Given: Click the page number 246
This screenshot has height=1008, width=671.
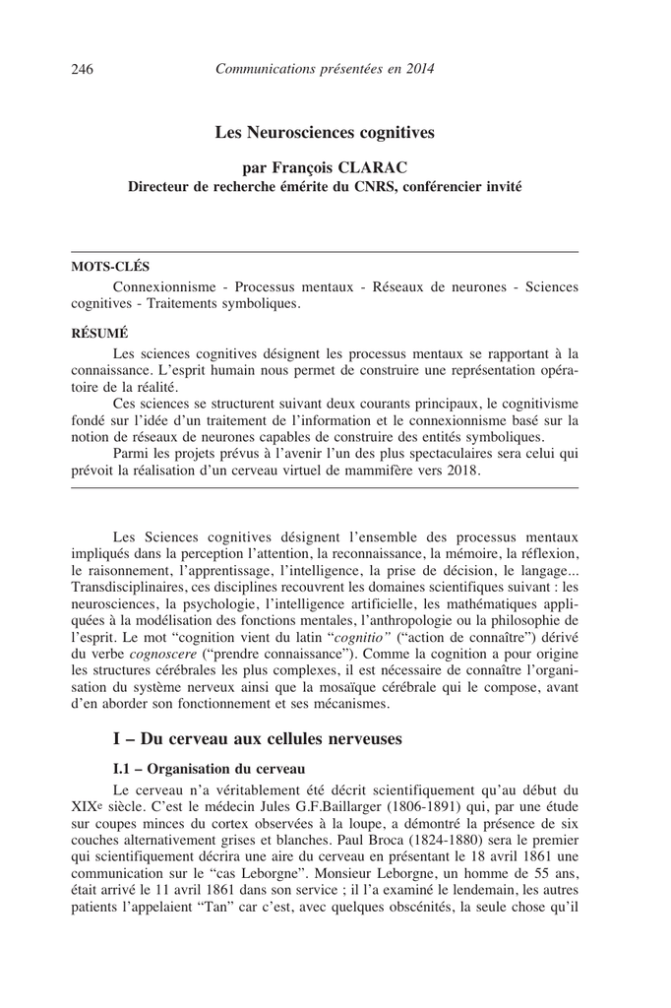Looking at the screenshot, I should point(83,69).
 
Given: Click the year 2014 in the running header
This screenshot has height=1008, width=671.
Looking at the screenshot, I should point(417,69).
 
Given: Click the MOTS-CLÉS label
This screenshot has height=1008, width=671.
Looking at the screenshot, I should point(112,265).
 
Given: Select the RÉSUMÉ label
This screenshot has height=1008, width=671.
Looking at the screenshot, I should point(100,332).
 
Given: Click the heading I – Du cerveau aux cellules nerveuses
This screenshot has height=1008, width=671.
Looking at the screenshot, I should point(258,738).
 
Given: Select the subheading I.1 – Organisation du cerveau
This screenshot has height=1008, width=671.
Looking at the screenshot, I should point(210,768).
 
